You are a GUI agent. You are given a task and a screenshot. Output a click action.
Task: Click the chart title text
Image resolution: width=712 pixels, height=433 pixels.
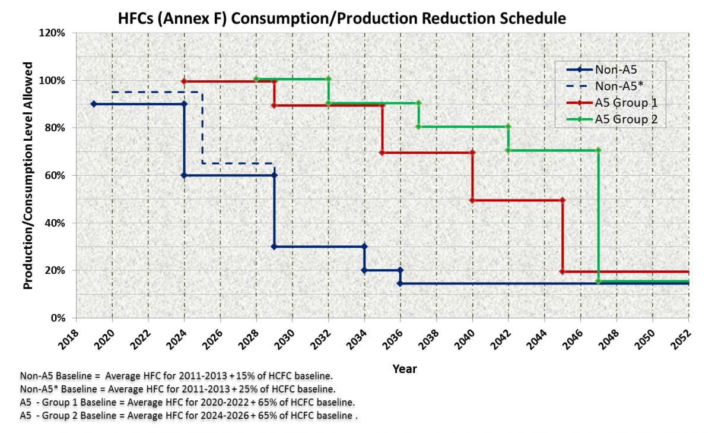341,18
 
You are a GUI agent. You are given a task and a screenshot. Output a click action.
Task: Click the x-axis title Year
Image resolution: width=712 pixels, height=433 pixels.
404,369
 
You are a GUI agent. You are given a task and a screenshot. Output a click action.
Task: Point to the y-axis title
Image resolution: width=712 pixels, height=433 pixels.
27,176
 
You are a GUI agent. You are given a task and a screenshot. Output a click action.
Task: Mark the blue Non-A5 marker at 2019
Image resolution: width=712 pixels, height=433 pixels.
94,104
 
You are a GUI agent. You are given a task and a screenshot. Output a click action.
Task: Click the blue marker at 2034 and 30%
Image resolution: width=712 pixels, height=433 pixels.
364,246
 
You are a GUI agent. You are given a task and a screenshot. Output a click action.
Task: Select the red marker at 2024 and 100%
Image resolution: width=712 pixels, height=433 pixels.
184,81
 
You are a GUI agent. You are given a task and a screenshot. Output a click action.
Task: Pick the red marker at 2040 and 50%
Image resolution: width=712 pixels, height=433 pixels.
472,200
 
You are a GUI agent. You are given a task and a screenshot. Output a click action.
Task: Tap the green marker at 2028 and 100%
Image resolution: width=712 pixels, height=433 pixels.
256,79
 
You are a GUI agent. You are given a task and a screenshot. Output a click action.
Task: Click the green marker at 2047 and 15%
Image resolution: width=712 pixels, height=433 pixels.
598,281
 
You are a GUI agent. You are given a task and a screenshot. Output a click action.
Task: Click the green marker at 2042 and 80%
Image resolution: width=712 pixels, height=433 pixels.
508,127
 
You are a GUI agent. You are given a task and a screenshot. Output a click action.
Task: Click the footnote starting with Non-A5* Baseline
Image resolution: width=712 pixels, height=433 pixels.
178,390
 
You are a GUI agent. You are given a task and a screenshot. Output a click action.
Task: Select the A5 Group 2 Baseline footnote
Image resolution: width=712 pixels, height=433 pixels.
189,416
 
